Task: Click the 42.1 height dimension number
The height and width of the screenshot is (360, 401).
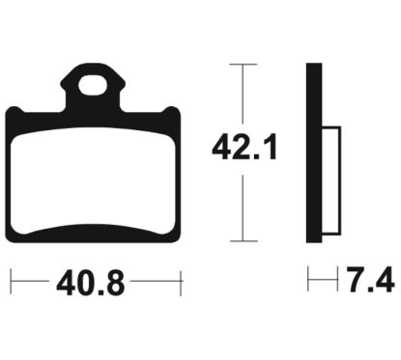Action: click(x=244, y=148)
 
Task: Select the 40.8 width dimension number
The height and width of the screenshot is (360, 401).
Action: click(x=90, y=283)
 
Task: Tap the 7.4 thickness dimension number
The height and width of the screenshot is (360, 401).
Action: click(x=370, y=279)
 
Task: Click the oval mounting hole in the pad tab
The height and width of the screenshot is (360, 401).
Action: click(x=93, y=85)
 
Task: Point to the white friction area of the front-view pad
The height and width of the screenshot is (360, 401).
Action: click(x=93, y=180)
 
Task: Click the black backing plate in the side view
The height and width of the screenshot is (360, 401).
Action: click(x=314, y=152)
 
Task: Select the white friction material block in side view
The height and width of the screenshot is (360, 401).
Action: click(x=331, y=180)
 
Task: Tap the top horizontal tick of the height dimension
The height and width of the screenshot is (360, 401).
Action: click(x=243, y=65)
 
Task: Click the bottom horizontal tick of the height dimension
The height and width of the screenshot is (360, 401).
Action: click(x=243, y=240)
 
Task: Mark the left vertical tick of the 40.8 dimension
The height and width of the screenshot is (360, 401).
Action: click(x=12, y=282)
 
